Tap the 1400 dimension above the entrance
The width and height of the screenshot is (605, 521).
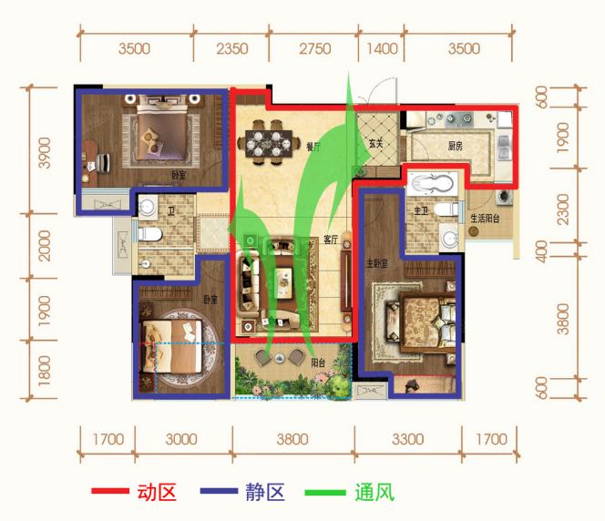click(x=383, y=49)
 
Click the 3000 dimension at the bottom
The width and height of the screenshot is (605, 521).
click(x=182, y=439)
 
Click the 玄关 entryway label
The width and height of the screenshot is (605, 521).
click(x=375, y=144)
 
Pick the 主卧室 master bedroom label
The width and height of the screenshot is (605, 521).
click(x=377, y=265)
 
